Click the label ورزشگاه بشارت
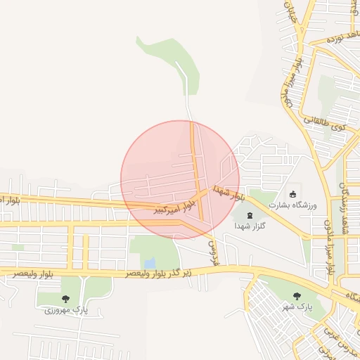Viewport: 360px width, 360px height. [295, 205]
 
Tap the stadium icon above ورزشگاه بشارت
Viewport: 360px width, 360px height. [292, 194]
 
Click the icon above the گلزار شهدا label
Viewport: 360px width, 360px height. [251, 214]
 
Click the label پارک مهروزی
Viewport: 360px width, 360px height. [65, 310]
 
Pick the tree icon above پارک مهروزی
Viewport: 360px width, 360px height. [66, 299]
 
